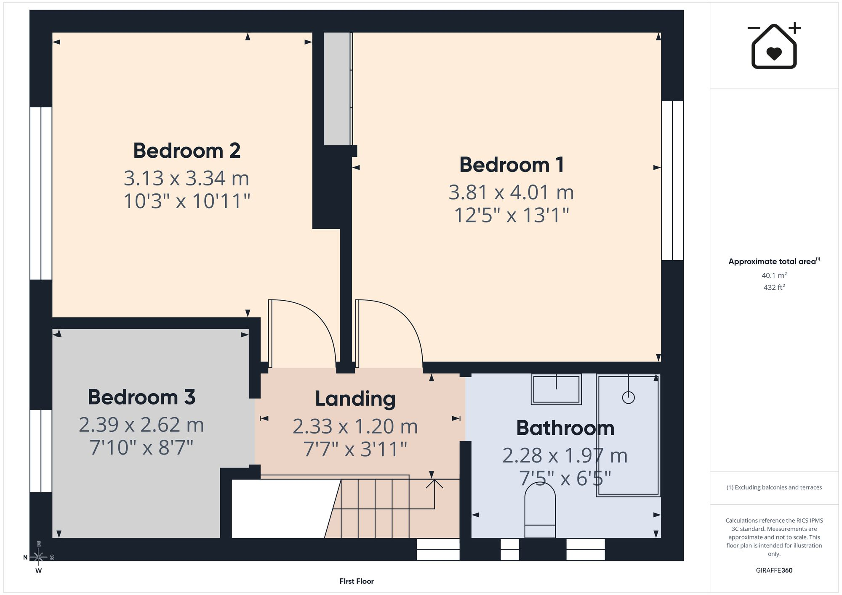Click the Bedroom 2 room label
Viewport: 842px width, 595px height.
coord(187,151)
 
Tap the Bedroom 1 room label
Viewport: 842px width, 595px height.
coord(512,164)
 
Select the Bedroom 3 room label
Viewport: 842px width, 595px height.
coord(141,397)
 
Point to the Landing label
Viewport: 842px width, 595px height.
coord(355,399)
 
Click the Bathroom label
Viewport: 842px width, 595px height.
coord(565,428)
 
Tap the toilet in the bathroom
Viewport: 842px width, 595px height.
coord(540,510)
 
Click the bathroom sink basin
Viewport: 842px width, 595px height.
coord(556,389)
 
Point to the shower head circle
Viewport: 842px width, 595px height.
coord(628,397)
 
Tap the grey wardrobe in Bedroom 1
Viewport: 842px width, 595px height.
coord(337,89)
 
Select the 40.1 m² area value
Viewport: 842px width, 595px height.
coord(774,275)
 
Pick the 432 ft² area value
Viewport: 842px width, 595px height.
coord(774,287)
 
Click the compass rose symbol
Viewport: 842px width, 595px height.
coord(38,557)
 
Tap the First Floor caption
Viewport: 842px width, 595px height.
coord(357,581)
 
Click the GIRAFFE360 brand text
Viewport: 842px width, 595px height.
coord(774,570)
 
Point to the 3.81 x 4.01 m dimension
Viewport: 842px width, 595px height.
coord(511,193)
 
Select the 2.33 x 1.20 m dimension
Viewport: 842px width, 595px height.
coord(355,426)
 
